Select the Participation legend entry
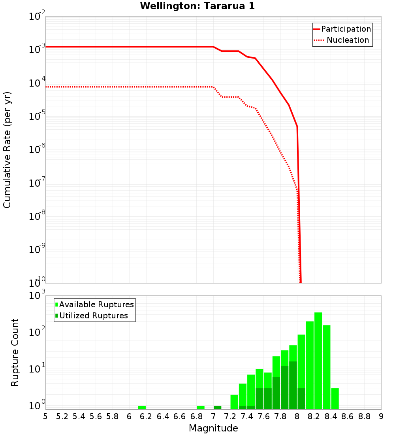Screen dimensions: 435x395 (346, 29)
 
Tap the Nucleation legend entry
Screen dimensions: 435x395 (348, 40)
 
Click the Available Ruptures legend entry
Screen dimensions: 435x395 (96, 304)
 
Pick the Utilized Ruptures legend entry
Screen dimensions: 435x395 (93, 316)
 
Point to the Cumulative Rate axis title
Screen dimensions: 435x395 (7, 150)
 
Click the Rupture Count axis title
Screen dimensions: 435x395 (15, 352)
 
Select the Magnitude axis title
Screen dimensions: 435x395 (213, 428)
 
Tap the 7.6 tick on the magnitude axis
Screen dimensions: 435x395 (263, 416)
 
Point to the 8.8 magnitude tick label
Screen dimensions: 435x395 (364, 416)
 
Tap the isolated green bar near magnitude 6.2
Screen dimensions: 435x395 (142, 407)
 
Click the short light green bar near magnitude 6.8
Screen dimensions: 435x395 (201, 407)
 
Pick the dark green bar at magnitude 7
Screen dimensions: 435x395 (217, 407)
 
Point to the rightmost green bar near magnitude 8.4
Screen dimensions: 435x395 (335, 399)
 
